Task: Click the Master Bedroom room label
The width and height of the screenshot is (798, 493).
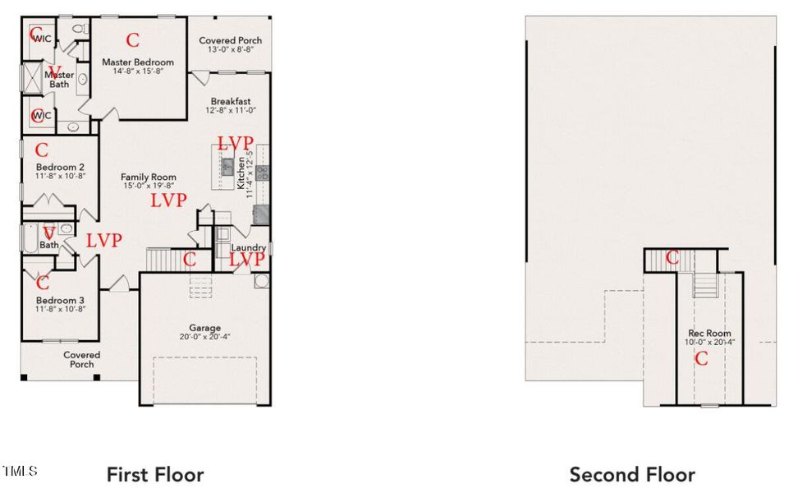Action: [137, 62]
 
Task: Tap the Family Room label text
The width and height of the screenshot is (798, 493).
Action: [149, 177]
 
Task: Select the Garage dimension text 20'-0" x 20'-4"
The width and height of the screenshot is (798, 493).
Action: [195, 337]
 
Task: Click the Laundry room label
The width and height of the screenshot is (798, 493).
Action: [248, 247]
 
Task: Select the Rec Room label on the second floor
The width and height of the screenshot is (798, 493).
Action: [709, 333]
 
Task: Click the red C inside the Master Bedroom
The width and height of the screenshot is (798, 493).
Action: [132, 39]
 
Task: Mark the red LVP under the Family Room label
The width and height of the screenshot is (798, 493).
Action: [168, 200]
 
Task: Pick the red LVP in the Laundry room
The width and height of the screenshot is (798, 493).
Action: [247, 260]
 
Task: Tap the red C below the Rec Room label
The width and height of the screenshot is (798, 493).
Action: [701, 358]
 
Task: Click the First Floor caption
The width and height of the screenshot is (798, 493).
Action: [155, 474]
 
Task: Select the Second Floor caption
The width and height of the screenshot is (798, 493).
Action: [632, 474]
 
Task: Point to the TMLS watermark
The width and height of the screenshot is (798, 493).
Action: [21, 471]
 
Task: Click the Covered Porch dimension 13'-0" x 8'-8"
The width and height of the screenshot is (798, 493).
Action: [231, 50]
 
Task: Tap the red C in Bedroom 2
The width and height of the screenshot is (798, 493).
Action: [42, 150]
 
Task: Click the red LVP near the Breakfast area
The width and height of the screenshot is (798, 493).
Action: [235, 143]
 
